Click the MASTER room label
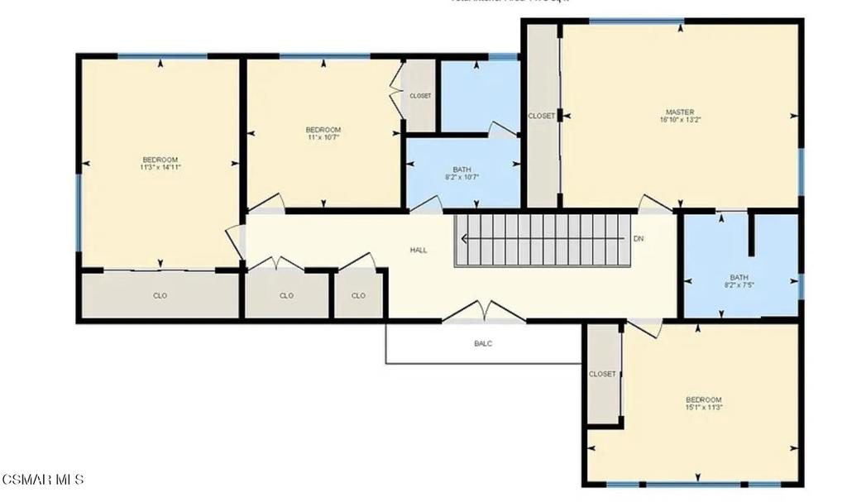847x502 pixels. point(680,112)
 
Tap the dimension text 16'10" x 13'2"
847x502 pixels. point(680,120)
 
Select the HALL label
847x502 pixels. point(419,250)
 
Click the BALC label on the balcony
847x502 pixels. point(483,343)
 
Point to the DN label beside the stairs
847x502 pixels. point(639,239)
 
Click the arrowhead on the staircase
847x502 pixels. point(465,239)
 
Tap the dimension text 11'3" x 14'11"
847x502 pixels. point(160,167)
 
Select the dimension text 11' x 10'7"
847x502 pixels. point(323,137)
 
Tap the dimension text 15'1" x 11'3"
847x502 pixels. point(704,407)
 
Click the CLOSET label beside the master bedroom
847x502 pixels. point(542,116)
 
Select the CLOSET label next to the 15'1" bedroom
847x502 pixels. point(602,374)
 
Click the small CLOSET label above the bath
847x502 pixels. point(420,96)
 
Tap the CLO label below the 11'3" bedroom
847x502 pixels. point(160,295)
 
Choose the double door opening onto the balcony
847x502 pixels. point(484,313)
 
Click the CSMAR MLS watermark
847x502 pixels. point(42,480)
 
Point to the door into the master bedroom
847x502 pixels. point(654,203)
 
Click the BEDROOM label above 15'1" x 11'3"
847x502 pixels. point(704,399)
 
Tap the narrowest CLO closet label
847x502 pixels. point(358,295)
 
